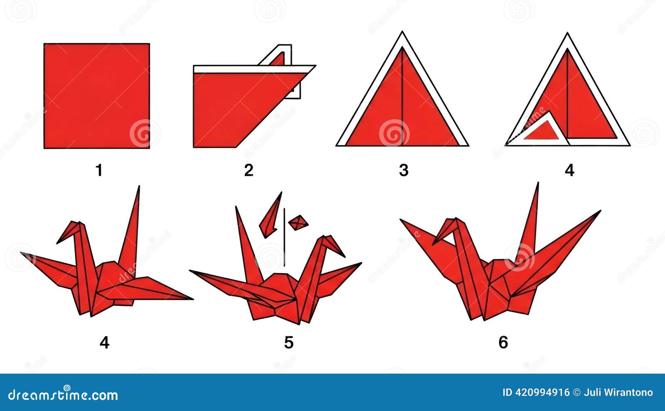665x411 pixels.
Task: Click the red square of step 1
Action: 97,96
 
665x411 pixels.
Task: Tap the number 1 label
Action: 99,170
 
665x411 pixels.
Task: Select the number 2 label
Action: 249,170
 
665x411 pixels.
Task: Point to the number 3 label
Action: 404,170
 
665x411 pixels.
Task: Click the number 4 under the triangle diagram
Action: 569,170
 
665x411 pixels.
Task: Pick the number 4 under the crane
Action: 104,342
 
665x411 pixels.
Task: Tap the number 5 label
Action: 289,342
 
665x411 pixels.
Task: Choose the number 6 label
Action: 503,342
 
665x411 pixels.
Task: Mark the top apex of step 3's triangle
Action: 402,31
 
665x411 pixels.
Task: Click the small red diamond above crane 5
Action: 298,223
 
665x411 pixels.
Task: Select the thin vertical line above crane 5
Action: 284,237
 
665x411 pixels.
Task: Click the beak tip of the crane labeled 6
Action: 433,245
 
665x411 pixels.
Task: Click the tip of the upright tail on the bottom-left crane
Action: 139,186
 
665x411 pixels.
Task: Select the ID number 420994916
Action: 542,393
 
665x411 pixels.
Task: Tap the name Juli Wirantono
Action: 618,393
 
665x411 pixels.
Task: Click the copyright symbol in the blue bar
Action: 576,393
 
